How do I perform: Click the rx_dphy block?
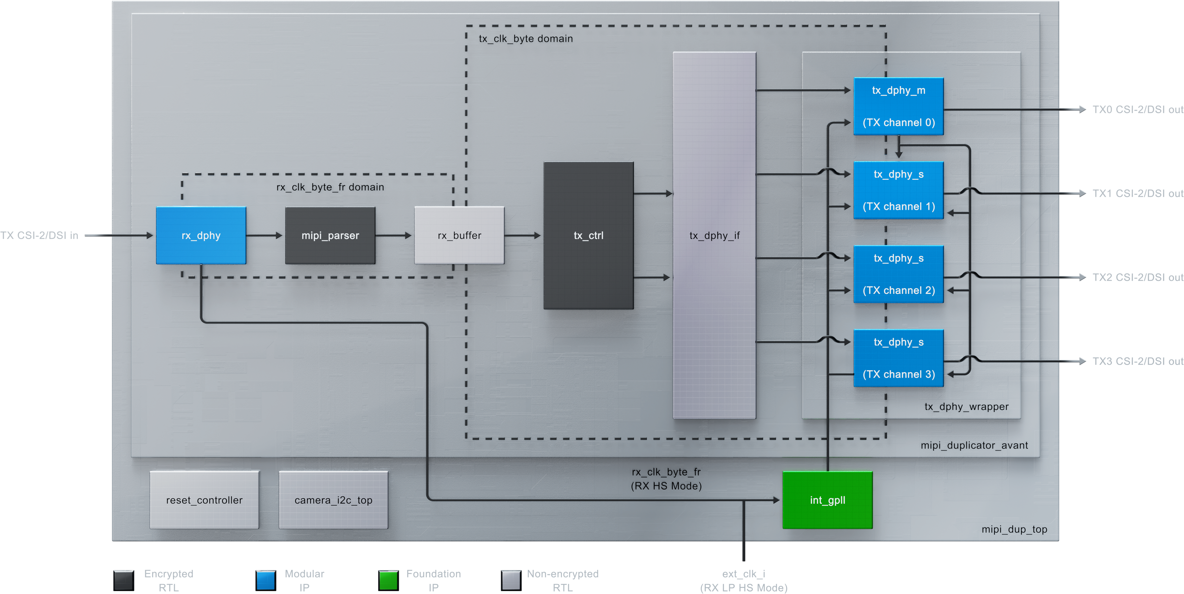tap(201, 235)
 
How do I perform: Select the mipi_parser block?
tap(330, 235)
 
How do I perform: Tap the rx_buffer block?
tap(459, 235)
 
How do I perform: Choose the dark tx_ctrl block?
tap(588, 235)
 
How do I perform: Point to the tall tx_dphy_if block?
tap(714, 235)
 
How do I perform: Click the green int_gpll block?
tap(827, 500)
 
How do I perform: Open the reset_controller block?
tap(204, 500)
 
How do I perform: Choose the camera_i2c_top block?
tap(333, 500)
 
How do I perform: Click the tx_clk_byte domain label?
tap(526, 38)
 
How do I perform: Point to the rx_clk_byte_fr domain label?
tap(330, 187)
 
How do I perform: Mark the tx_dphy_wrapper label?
tap(966, 406)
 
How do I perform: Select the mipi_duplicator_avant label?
tap(974, 445)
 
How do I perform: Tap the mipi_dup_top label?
tap(1014, 529)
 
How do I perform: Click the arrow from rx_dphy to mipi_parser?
tap(265, 235)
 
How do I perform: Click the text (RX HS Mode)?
tap(666, 486)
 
